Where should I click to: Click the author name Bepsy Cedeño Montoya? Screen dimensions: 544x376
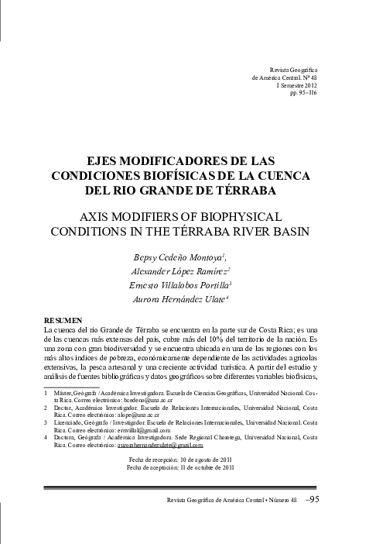point(186,257)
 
